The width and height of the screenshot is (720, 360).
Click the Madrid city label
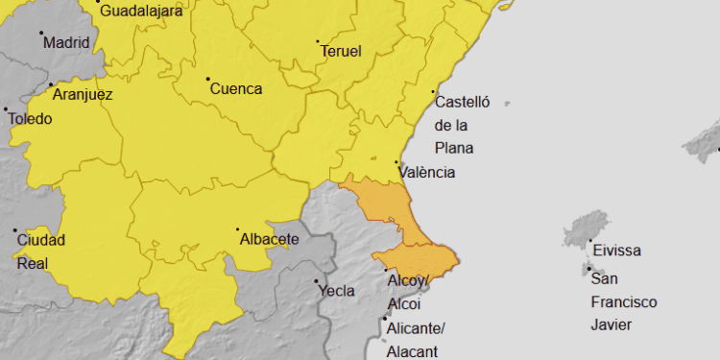pos(66,42)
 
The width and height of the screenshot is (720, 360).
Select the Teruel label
pos(341,52)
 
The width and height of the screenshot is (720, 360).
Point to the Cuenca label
pos(235,88)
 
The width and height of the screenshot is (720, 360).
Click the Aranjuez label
pos(83,94)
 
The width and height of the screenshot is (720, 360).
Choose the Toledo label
pos(30,119)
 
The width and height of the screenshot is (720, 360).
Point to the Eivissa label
pos(616,252)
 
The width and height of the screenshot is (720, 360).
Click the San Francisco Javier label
pos(623,301)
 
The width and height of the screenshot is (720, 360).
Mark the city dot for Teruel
pos(318,42)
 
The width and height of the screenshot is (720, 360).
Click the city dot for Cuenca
pos(207,78)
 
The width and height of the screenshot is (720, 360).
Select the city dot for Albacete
pos(238,229)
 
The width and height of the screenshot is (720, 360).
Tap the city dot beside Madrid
pos(41,33)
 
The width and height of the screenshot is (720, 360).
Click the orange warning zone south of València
pos(394,211)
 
